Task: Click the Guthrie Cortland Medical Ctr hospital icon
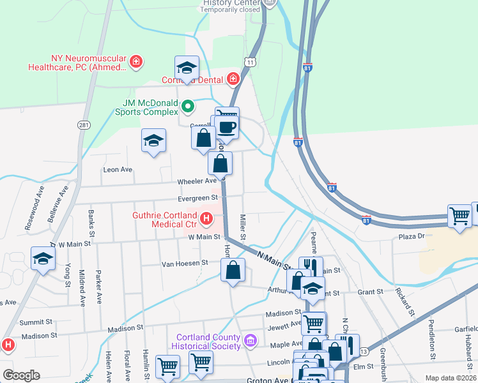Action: (x=206, y=220)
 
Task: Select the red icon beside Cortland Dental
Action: (x=233, y=80)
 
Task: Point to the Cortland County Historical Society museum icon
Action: (x=250, y=341)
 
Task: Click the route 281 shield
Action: (x=84, y=125)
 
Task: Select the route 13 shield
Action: (x=364, y=351)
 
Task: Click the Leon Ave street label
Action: (x=118, y=170)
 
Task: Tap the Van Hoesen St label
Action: (x=185, y=262)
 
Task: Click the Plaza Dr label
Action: (x=412, y=236)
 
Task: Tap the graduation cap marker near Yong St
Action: (x=43, y=259)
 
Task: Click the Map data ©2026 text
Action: (x=450, y=378)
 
